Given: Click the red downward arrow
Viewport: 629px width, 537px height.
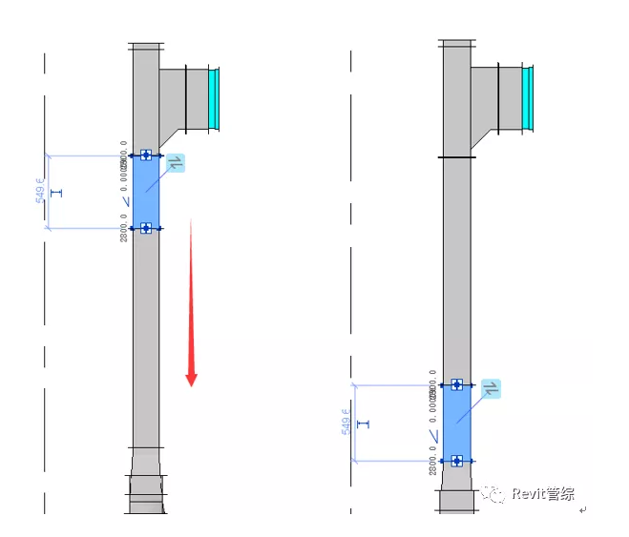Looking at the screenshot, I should click(192, 302).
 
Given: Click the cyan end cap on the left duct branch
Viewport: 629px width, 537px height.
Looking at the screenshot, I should click(215, 98).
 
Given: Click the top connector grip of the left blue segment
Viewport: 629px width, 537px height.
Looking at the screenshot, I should click(146, 155).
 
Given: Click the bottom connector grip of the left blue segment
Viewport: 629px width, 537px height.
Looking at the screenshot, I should click(146, 228).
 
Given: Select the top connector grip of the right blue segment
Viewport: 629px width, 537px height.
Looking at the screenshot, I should click(457, 384).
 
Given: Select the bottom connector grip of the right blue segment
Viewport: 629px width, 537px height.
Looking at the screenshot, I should click(457, 461).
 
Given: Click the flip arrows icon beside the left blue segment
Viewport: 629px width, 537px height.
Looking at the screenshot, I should click(175, 162).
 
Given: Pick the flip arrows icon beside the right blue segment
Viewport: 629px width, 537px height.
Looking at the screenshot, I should click(491, 389).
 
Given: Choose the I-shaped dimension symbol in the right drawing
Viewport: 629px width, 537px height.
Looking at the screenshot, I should click(362, 423).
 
